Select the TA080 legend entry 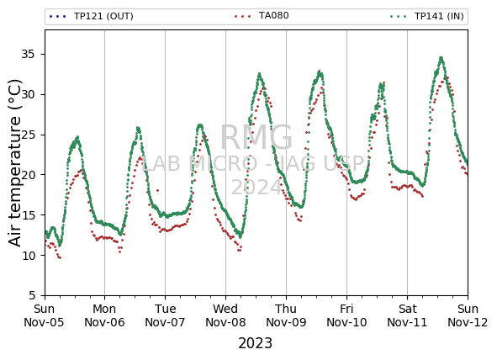(x=262, y=15)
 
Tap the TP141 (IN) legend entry (x=427, y=16)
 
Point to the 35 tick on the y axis (x=28, y=54)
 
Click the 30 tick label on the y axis (x=28, y=94)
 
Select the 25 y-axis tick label (x=28, y=135)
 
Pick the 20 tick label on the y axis (x=28, y=175)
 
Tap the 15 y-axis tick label (x=28, y=215)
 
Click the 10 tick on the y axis (x=28, y=256)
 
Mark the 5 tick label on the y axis (x=31, y=296)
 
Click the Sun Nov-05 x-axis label (x=44, y=315)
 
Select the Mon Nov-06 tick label (x=104, y=315)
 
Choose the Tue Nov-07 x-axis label (x=165, y=315)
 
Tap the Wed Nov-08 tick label (x=225, y=315)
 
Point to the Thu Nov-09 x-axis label (x=286, y=315)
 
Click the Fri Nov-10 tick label (x=346, y=315)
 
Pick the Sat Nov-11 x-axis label (x=407, y=315)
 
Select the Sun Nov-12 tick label (x=468, y=315)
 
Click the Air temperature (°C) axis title (x=14, y=163)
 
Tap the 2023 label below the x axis (x=256, y=343)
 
